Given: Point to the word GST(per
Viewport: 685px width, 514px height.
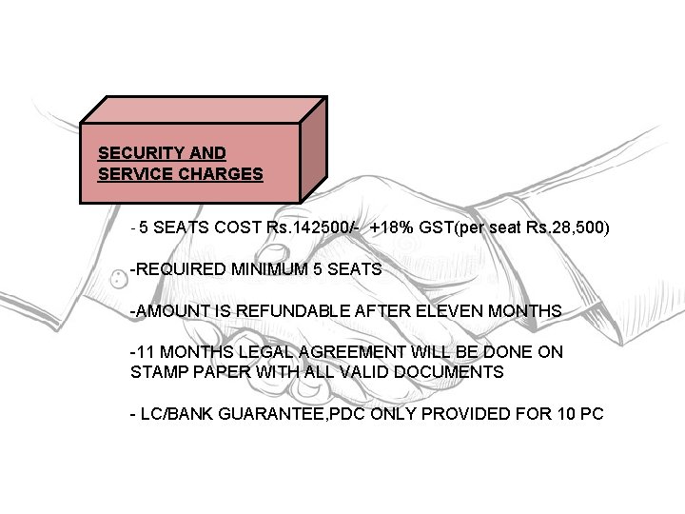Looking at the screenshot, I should [444, 228].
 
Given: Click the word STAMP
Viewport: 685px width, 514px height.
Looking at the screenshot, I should [156, 372].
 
